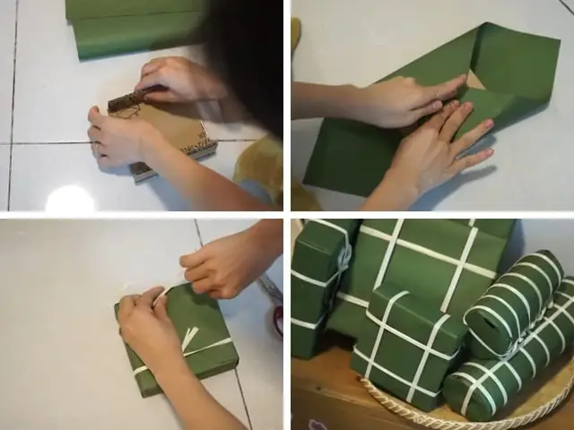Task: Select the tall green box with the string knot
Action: click(318, 278)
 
